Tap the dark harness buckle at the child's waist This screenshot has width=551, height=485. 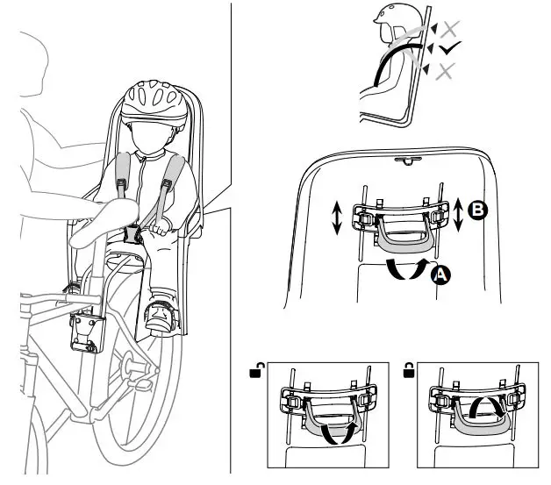134,233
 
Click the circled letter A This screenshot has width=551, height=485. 441,275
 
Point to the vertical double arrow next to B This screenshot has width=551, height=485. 459,214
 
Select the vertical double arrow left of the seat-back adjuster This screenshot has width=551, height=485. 337,218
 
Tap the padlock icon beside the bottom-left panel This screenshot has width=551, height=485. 255,374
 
